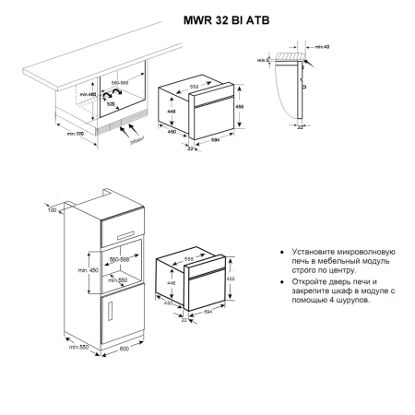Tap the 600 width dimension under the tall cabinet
(x=111, y=361)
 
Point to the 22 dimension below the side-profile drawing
(x=301, y=127)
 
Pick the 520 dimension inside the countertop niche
(x=112, y=105)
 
